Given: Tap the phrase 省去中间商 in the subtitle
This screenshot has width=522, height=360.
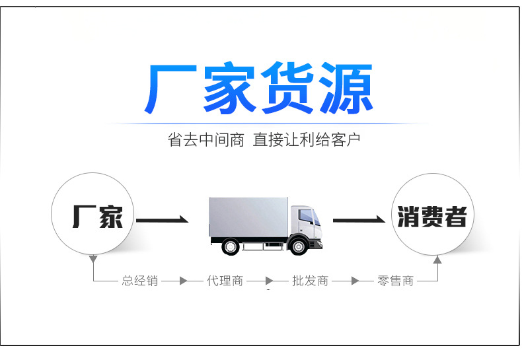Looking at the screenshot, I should [x=206, y=140].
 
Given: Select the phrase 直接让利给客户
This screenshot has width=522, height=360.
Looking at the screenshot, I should [x=307, y=140].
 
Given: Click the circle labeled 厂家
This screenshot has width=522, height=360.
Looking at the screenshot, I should [x=93, y=215].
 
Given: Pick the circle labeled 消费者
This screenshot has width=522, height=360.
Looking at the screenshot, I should [x=432, y=215].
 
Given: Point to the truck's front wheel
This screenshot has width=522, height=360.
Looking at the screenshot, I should [x=299, y=246].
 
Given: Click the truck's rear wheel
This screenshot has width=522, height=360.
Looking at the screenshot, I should [x=230, y=246].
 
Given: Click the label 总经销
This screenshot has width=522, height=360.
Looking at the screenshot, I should [x=139, y=281].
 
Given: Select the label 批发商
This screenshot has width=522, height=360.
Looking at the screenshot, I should [x=310, y=281].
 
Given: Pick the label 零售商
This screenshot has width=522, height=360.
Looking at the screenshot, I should [x=395, y=281].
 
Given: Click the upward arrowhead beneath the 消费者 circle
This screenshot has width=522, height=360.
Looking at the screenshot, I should [x=437, y=260].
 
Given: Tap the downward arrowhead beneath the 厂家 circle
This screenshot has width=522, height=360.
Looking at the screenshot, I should [x=93, y=258].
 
